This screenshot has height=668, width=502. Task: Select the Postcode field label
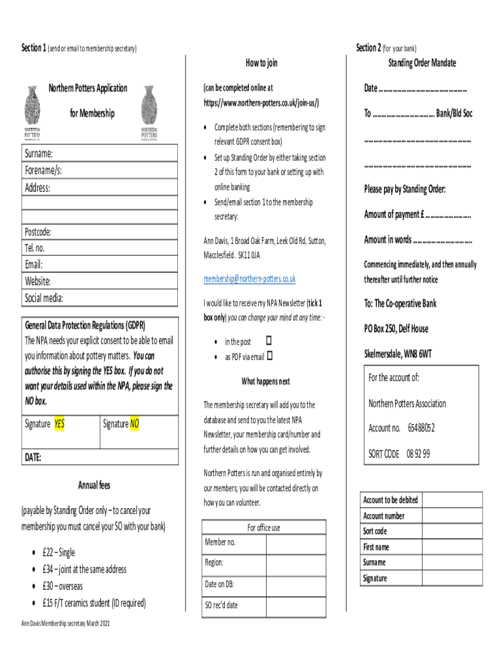pos(38,232)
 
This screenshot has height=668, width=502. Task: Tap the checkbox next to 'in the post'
pos(269,341)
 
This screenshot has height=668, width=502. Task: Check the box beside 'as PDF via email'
pos(269,356)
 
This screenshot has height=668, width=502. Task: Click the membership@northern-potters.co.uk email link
pos(249,279)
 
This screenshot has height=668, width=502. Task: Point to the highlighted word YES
pos(59,424)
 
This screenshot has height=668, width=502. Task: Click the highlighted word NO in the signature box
pos(135,424)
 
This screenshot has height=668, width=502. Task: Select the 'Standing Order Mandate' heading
pos(422,63)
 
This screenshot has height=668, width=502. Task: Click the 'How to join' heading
pos(261,63)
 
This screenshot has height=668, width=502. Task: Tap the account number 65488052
pos(421,428)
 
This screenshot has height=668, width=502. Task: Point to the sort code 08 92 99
pos(419,453)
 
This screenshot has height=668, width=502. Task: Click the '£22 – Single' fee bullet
pos(58,553)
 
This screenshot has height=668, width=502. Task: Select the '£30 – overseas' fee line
pos(62,586)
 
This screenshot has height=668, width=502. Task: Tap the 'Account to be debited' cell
pos(391,500)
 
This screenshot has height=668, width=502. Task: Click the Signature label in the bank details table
pos(375,578)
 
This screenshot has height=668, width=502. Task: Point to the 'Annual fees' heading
pos(95,485)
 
